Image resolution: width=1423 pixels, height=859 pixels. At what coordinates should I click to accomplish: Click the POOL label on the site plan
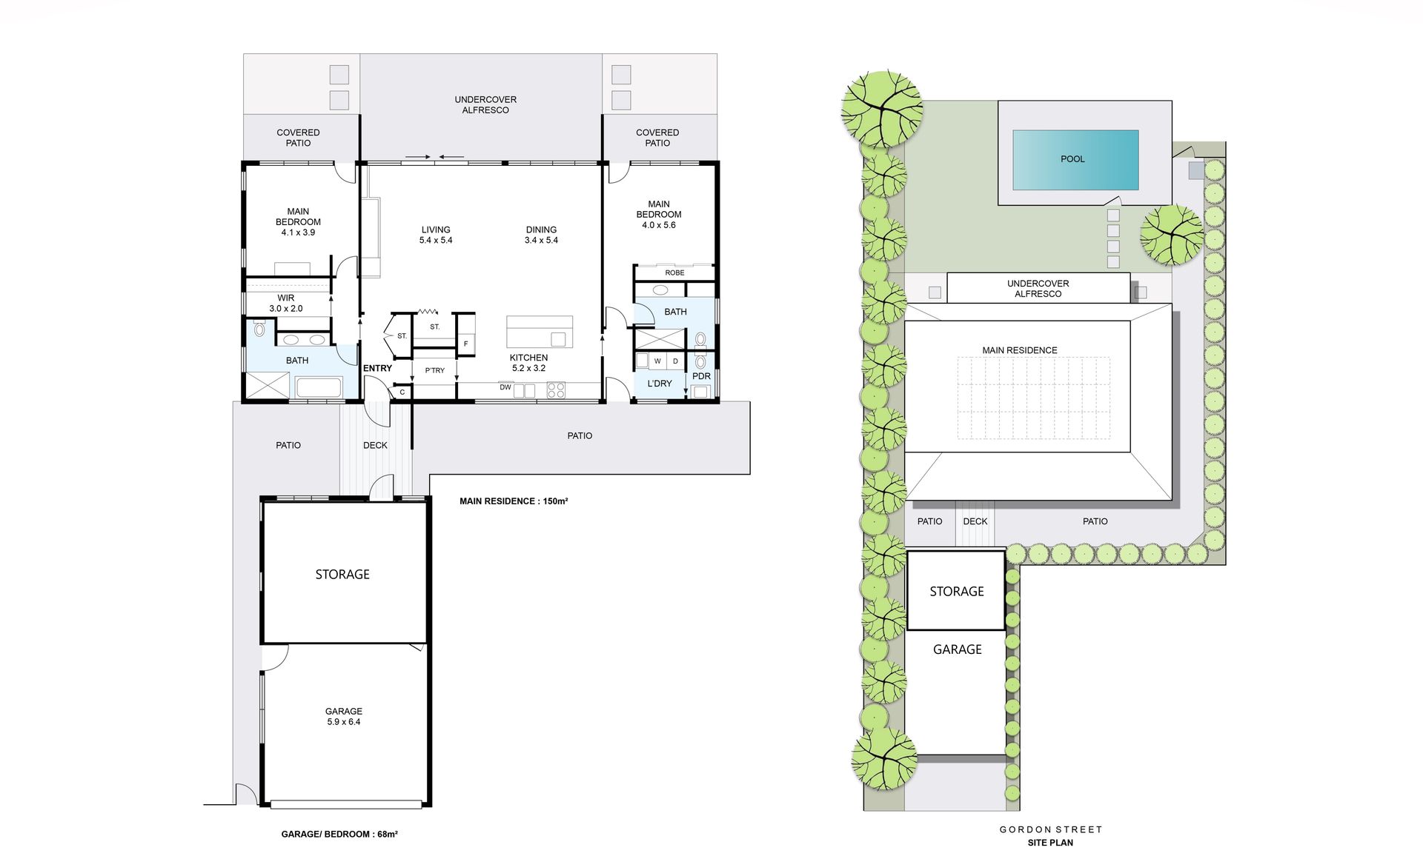pyautogui.click(x=1072, y=159)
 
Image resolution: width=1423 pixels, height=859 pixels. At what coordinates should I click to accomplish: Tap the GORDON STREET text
pyautogui.click(x=1050, y=829)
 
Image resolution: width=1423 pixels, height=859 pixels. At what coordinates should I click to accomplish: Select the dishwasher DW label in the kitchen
pyautogui.click(x=505, y=387)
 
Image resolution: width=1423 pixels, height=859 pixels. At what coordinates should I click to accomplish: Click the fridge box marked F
pyautogui.click(x=465, y=344)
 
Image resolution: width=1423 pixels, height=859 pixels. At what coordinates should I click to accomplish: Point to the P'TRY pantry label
pyautogui.click(x=435, y=370)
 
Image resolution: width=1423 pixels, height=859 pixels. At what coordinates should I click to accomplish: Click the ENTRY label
pyautogui.click(x=377, y=368)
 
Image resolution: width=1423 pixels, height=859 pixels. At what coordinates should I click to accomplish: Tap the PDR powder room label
pyautogui.click(x=701, y=376)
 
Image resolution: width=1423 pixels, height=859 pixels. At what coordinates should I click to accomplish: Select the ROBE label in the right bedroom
pyautogui.click(x=674, y=273)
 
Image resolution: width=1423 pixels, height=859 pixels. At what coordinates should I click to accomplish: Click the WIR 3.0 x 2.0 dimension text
pyautogui.click(x=285, y=309)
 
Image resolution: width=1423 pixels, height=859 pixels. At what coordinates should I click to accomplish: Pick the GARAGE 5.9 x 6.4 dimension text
pyautogui.click(x=344, y=722)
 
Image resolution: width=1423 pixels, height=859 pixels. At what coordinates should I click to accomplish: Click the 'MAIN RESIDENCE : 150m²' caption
pyautogui.click(x=514, y=501)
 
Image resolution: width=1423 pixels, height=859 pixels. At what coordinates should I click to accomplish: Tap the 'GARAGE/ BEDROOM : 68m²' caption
pyautogui.click(x=339, y=834)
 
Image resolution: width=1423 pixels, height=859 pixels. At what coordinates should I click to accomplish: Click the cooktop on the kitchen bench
pyautogui.click(x=556, y=390)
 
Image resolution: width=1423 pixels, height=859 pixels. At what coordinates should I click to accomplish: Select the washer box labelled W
pyautogui.click(x=657, y=361)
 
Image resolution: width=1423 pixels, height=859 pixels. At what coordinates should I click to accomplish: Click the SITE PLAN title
pyautogui.click(x=1050, y=843)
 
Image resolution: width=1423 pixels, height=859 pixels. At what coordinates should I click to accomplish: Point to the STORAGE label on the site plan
pyautogui.click(x=957, y=591)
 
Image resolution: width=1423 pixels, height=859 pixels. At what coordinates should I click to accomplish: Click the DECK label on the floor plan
pyautogui.click(x=375, y=445)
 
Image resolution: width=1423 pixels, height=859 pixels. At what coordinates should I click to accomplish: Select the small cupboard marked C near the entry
pyautogui.click(x=402, y=392)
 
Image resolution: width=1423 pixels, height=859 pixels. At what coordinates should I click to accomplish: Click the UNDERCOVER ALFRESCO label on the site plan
pyautogui.click(x=1038, y=289)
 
